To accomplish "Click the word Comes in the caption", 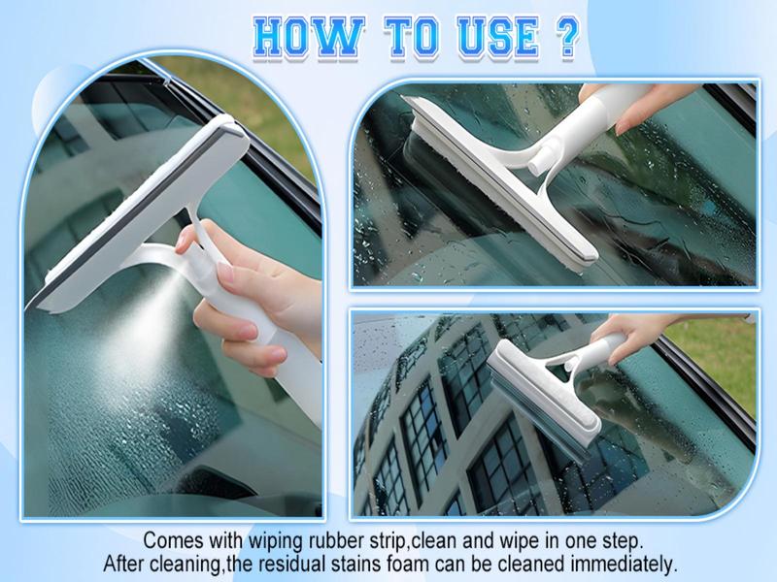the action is (x=173, y=541).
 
